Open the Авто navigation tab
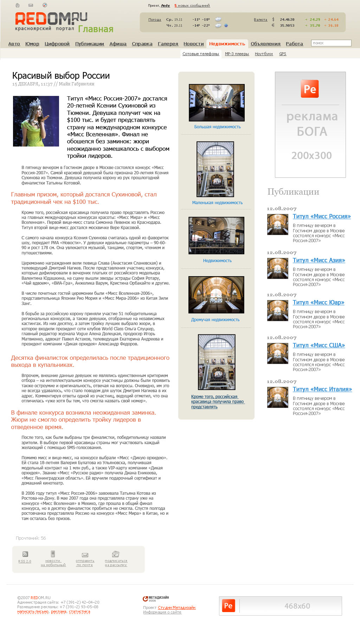tap(14, 44)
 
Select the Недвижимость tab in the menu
tap(227, 44)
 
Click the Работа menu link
tap(294, 44)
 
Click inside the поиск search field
tap(331, 43)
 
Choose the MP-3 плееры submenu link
tap(237, 54)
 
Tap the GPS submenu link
tap(283, 54)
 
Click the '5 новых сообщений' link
tap(192, 6)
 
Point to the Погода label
tap(155, 20)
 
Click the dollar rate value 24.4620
tap(287, 20)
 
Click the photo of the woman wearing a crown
tap(36, 121)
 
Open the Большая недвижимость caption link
tap(217, 127)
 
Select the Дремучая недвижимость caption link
tap(215, 320)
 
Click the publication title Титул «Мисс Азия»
tap(319, 260)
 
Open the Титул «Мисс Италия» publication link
tap(322, 389)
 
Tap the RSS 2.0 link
tap(25, 561)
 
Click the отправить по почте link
tap(85, 563)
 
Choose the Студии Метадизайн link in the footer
tap(176, 608)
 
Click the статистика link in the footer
tap(79, 611)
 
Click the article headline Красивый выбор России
tap(61, 76)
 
